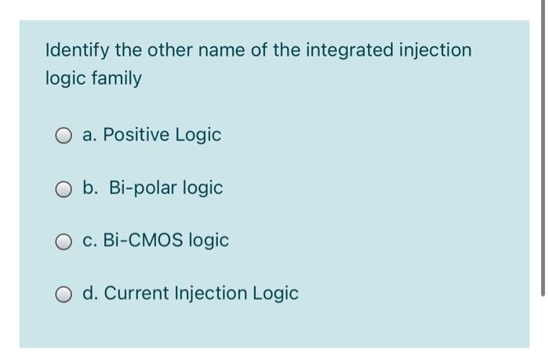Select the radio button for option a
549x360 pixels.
(x=64, y=136)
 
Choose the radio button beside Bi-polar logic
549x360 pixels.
(x=64, y=188)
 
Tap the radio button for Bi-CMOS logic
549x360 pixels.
(x=64, y=241)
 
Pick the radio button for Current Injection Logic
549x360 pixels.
(x=64, y=294)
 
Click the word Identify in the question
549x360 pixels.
(x=78, y=51)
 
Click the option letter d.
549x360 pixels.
(x=89, y=293)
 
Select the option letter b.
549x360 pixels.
(x=89, y=188)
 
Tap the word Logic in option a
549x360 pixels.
(x=197, y=135)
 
